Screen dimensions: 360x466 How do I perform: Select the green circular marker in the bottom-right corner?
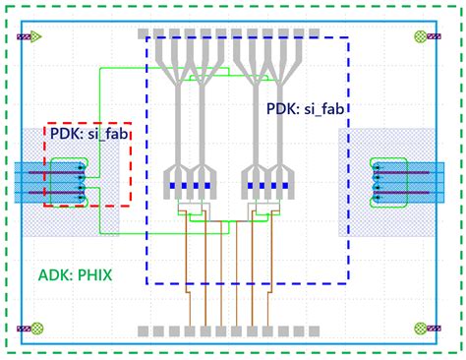[422, 328]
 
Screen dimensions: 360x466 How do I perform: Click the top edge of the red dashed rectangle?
[87, 124]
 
